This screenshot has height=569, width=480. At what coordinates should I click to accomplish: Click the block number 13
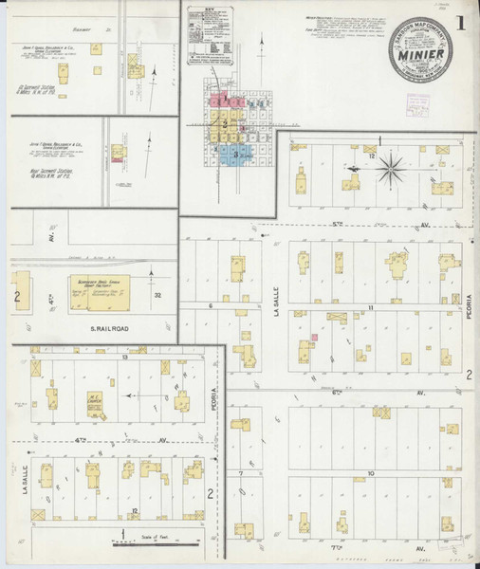(124, 358)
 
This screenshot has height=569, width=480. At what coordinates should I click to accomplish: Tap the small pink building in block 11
(313, 338)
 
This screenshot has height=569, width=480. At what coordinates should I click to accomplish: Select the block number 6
(209, 306)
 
